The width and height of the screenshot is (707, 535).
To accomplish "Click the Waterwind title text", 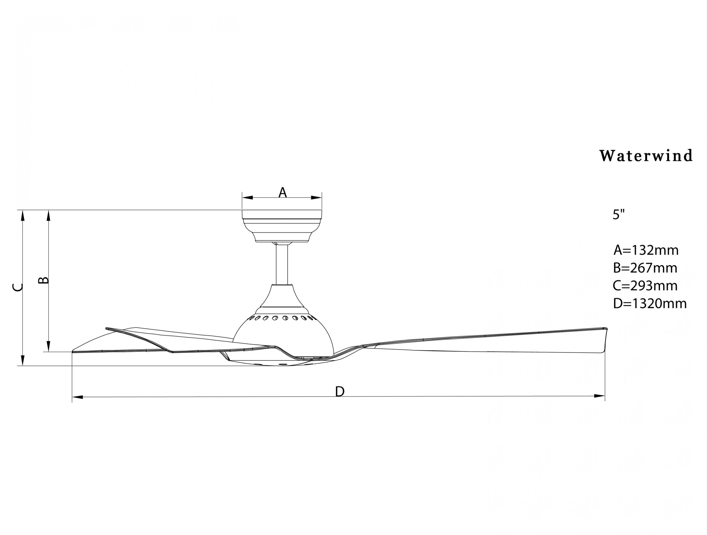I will click(x=646, y=156).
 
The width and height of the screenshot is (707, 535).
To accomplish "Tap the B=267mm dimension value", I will click(x=645, y=268).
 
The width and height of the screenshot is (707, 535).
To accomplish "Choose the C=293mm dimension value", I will click(x=645, y=285).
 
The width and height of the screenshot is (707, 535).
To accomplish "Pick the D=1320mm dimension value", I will click(x=650, y=303).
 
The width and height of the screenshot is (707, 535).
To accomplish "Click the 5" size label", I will click(x=618, y=214).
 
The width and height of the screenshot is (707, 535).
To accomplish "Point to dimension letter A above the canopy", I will click(x=283, y=193).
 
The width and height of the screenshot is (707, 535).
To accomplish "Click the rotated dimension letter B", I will click(x=44, y=280).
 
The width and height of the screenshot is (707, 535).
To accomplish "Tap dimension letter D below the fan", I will click(x=340, y=391).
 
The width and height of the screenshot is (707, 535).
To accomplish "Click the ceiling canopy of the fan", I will click(x=282, y=225).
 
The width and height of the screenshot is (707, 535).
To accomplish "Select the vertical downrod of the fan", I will click(x=282, y=264).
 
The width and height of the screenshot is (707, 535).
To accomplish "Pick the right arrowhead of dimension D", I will click(x=600, y=396).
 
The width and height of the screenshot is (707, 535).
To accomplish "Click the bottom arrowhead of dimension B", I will click(x=49, y=346).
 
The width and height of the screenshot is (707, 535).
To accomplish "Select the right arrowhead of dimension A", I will click(x=317, y=197).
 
